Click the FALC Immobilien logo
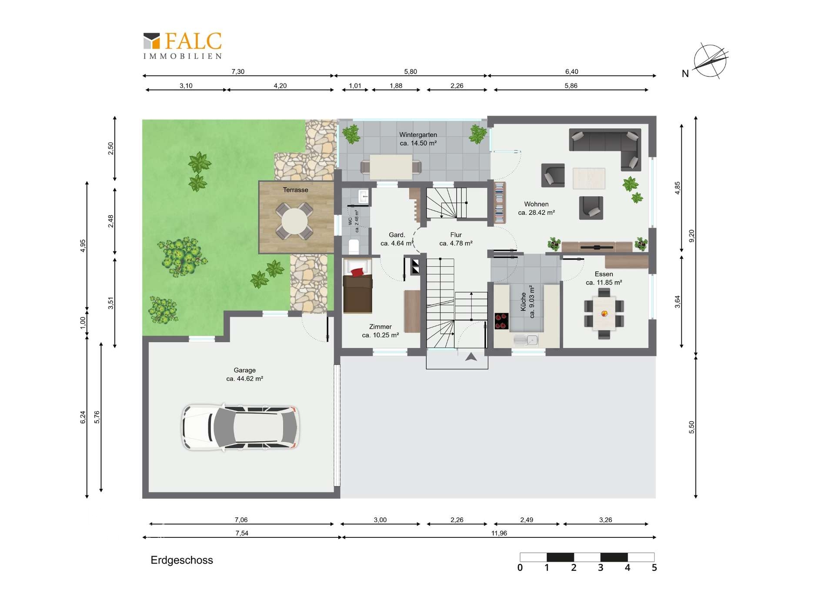183,46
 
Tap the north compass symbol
710,61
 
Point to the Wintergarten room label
418,135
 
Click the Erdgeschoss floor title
182,560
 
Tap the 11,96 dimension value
499,533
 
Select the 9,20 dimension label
692,236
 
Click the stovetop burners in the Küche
501,321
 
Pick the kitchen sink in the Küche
526,340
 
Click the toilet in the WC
354,247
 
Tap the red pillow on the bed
357,272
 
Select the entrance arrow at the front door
471,357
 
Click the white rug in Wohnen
589,178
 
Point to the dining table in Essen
604,313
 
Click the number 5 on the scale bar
654,568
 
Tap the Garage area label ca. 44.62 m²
244,379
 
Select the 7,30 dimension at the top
238,72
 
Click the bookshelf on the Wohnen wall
500,203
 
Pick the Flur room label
456,235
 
